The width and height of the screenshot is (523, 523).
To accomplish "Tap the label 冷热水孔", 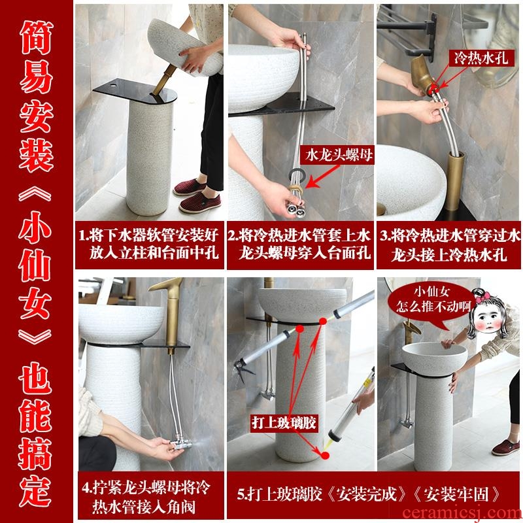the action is pyautogui.click(x=481, y=58).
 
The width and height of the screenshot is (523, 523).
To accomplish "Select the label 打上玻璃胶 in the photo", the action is pyautogui.click(x=284, y=423).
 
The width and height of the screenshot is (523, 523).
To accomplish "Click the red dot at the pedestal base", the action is pyautogui.click(x=324, y=455).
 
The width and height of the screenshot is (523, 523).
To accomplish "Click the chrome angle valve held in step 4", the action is pyautogui.click(x=180, y=444).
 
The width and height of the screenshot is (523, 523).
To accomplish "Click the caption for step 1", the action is pyautogui.click(x=149, y=245).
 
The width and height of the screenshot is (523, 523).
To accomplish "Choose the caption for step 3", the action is pyautogui.click(x=449, y=245).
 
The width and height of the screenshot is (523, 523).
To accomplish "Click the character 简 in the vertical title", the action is pyautogui.click(x=36, y=37).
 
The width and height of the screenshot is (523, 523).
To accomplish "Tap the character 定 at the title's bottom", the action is pyautogui.click(x=36, y=491).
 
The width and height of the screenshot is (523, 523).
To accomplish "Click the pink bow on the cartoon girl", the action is pyautogui.click(x=482, y=296).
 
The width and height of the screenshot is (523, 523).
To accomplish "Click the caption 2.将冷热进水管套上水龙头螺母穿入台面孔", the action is pyautogui.click(x=300, y=245).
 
